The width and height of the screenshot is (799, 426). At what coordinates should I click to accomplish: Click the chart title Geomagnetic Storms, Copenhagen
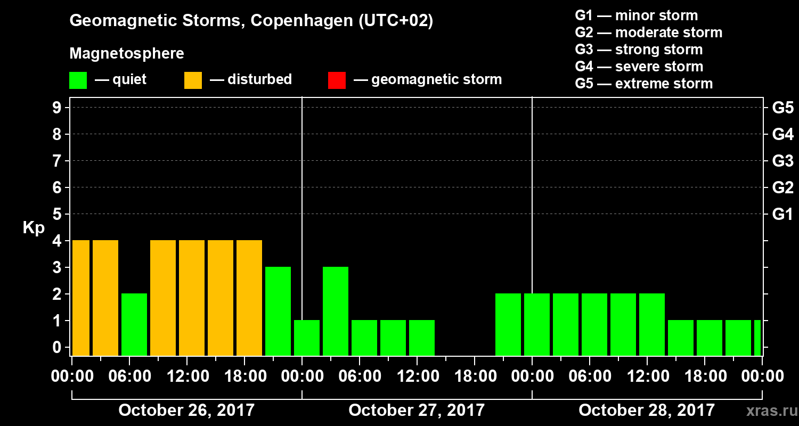251,21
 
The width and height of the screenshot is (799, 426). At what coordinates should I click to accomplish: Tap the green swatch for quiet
78,80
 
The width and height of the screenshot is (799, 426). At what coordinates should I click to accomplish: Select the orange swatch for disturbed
193,80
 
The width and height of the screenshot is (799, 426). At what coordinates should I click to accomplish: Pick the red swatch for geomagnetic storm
337,80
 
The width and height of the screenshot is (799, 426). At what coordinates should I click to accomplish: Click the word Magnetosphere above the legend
127,54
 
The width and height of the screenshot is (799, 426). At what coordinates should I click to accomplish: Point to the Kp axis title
34,228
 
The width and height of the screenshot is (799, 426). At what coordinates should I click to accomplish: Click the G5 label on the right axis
782,108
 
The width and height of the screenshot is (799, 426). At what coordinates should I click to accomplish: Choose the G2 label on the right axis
782,188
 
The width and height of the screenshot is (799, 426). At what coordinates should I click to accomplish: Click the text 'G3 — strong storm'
639,50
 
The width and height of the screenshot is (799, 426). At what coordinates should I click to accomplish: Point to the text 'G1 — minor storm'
636,15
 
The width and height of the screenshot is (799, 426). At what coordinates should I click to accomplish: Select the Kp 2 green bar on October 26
134,324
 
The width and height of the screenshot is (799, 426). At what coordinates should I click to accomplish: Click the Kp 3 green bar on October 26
278,311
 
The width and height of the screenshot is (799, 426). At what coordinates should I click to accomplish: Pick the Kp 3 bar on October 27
336,311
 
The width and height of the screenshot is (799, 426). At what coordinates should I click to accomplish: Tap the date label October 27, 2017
417,410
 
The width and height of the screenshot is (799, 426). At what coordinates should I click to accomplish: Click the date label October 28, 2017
647,410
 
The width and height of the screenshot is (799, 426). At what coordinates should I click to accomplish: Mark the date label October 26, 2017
186,410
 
